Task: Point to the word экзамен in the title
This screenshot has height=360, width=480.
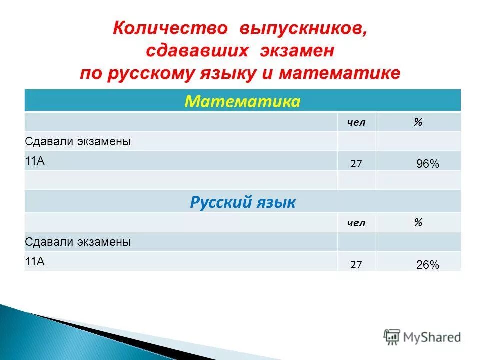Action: pos(296,51)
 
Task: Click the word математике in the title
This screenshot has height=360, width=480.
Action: pos(340,73)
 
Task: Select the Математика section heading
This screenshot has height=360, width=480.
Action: pos(242,102)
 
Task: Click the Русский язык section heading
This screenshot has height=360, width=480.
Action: pos(242,202)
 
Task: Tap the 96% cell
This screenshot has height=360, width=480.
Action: pos(428,164)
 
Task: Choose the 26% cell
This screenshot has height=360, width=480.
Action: pos(428,265)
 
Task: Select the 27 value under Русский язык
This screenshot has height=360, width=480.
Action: pos(356,265)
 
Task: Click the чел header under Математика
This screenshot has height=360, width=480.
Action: pos(356,123)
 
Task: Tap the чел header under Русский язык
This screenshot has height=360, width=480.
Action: pos(356,223)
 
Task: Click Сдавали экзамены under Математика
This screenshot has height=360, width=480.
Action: pos(78,141)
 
